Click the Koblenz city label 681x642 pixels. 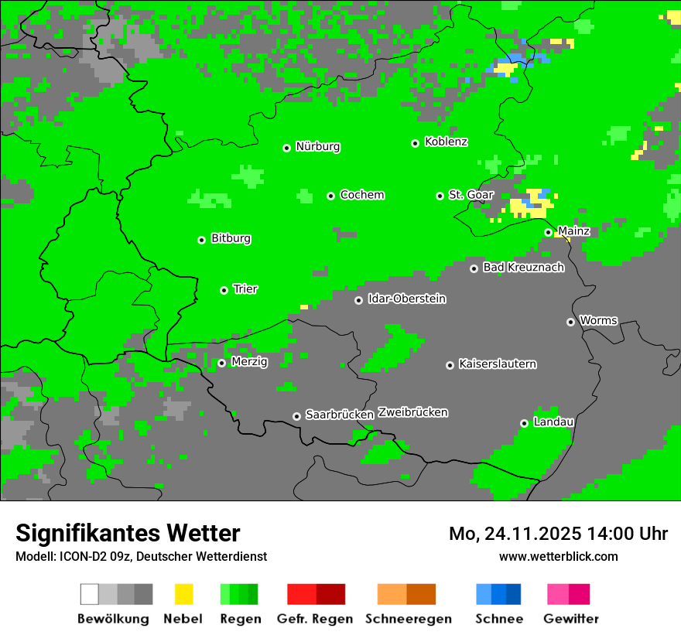coord(446,142)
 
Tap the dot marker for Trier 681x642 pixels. coord(224,290)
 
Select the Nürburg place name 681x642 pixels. coord(317,146)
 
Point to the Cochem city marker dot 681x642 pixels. coord(331,196)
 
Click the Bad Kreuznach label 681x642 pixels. coord(523,267)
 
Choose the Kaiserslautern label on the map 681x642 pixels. coord(497,364)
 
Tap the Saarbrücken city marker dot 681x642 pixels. coord(296,416)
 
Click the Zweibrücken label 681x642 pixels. coord(412,412)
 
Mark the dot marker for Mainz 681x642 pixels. coord(548,232)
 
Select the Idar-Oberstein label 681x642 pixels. coord(406,299)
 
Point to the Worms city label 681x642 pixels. coord(598,320)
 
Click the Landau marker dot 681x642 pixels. coord(524,423)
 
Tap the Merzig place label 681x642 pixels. coord(249,361)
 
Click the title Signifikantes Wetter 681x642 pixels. coord(128,533)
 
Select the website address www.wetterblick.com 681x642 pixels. coord(558,556)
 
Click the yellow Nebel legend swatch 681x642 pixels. coord(183,594)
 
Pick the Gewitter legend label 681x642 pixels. coord(570,619)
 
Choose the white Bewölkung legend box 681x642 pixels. coord(90,594)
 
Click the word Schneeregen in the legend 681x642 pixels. coord(408,619)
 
